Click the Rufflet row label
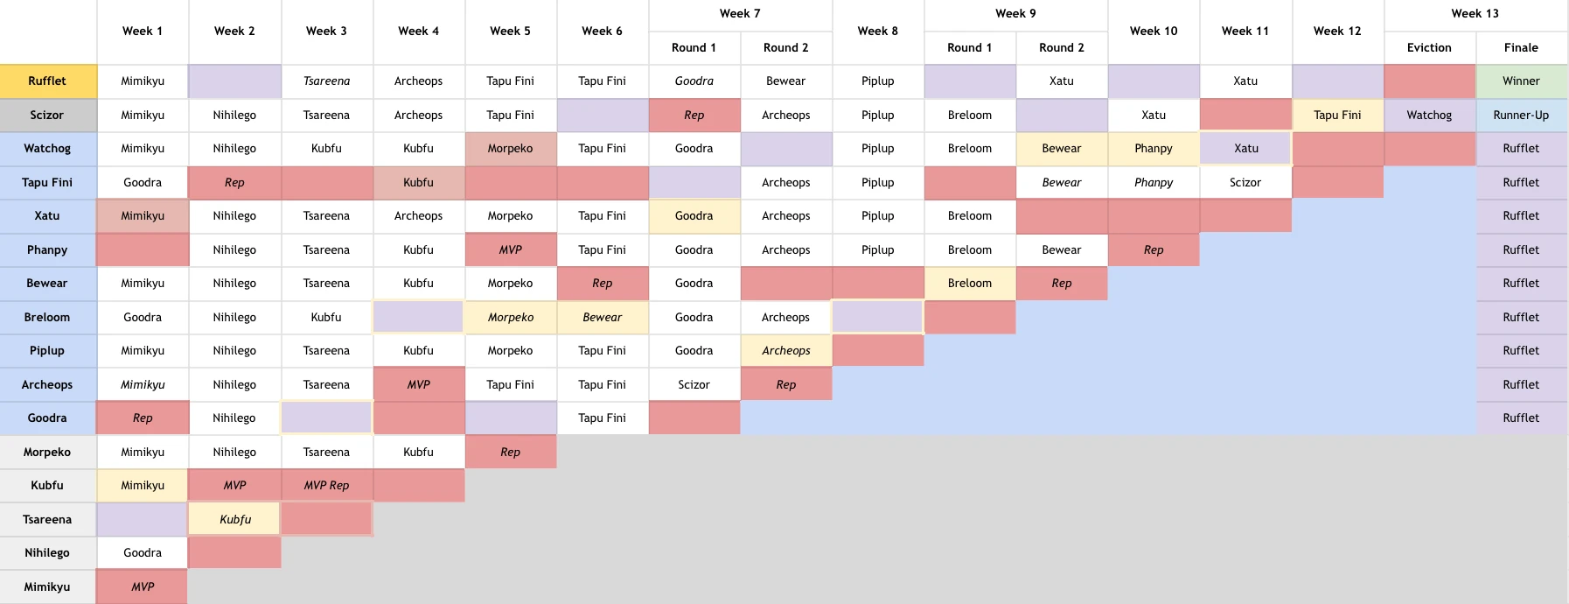point(47,81)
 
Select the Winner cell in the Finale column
point(1521,81)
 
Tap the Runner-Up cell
point(1521,115)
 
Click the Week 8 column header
point(877,31)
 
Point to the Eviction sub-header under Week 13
point(1429,47)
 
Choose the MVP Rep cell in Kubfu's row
point(326,485)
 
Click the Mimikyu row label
point(47,586)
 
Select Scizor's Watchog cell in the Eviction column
point(1429,115)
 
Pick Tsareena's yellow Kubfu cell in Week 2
point(234,519)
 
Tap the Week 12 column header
point(1337,31)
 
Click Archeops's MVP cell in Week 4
point(418,384)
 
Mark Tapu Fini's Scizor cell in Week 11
point(1245,182)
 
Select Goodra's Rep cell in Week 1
point(143,418)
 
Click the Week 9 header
point(1015,13)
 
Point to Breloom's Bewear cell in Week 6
point(602,317)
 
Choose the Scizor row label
point(47,115)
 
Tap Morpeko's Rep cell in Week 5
point(510,452)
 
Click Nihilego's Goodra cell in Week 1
point(143,552)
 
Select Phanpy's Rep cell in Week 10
point(1154,249)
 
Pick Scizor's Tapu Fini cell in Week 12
point(1337,115)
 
